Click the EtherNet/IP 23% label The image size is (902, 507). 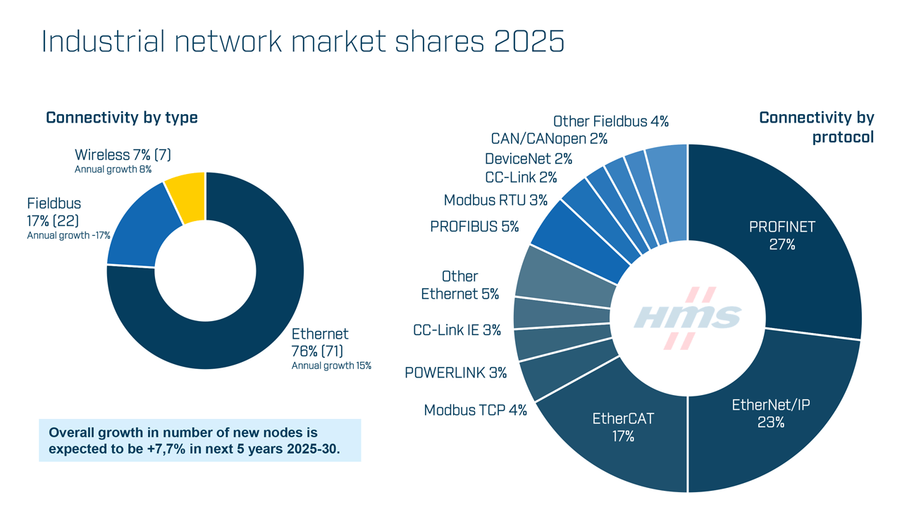tap(771, 413)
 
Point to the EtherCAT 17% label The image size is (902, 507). tap(623, 427)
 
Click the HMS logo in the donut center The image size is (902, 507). tap(687, 318)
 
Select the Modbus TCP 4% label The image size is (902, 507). tap(475, 410)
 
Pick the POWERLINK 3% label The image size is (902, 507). tap(455, 373)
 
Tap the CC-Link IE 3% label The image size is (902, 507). tap(457, 330)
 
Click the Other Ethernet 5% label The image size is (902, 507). tap(460, 285)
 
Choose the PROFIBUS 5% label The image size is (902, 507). tap(474, 227)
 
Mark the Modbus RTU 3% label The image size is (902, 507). tap(495, 201)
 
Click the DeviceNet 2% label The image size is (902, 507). tap(529, 159)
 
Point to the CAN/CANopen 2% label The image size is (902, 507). tap(549, 139)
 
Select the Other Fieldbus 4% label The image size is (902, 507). tap(610, 121)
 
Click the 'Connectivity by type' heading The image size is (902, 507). tap(122, 118)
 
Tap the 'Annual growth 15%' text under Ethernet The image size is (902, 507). tap(331, 365)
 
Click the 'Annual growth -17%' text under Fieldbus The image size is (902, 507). tap(68, 235)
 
